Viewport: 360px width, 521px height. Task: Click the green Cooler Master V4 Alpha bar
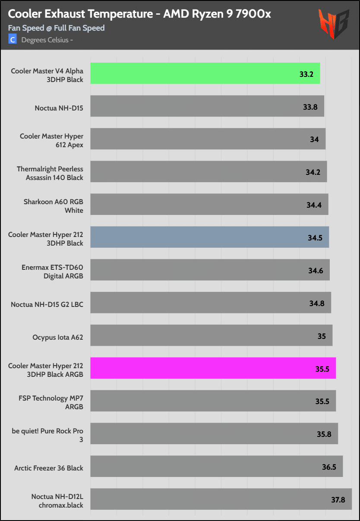click(x=205, y=73)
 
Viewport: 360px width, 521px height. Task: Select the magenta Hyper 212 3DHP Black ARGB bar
click(x=213, y=368)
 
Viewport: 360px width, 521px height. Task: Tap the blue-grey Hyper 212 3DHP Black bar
click(x=209, y=237)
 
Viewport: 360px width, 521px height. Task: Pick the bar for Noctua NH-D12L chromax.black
click(x=221, y=499)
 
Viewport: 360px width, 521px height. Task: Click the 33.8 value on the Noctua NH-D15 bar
click(x=310, y=106)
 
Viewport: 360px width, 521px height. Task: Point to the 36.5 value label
click(x=328, y=467)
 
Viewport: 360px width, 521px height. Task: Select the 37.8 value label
click(x=338, y=499)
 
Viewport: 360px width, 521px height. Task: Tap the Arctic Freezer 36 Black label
click(x=49, y=467)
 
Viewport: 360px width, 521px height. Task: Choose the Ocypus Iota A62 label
click(x=58, y=337)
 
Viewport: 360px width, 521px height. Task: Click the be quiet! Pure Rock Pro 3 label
click(x=48, y=435)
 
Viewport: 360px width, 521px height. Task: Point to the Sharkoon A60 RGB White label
click(x=54, y=206)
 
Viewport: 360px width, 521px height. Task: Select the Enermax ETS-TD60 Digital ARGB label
click(x=52, y=272)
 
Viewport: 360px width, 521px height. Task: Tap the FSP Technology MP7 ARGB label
click(x=50, y=402)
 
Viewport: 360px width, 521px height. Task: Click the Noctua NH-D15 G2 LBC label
click(x=47, y=304)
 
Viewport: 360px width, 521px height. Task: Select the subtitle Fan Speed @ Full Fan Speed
click(x=56, y=28)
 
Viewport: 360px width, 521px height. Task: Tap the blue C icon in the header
click(x=13, y=40)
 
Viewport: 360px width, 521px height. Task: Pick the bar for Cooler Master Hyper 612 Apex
click(x=208, y=139)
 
